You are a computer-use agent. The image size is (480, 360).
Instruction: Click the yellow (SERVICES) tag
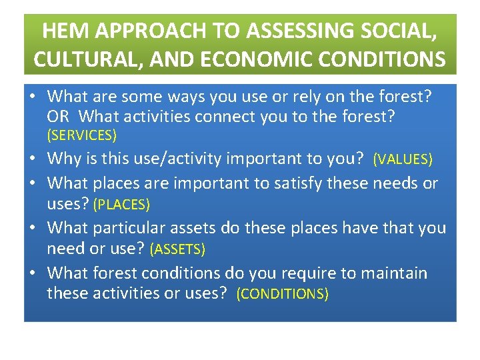point(81,135)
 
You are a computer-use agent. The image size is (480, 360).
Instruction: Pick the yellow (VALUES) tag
point(403,159)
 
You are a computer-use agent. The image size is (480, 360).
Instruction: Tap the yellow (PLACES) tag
point(121,204)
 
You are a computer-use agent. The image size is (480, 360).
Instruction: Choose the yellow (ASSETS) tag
point(177,249)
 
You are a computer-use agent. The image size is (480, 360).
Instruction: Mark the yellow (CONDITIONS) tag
point(283,294)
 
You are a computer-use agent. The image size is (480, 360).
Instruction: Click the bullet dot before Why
point(31,159)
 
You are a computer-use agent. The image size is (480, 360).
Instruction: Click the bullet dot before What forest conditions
point(31,273)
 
